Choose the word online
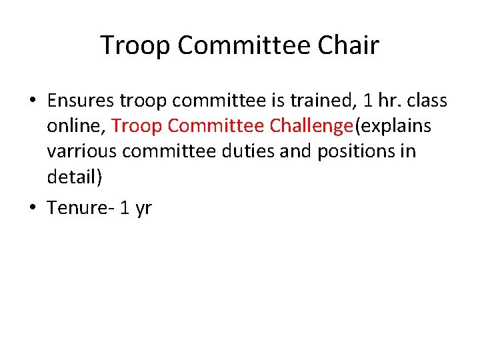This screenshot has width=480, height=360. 75,126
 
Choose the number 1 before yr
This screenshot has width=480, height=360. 124,207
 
